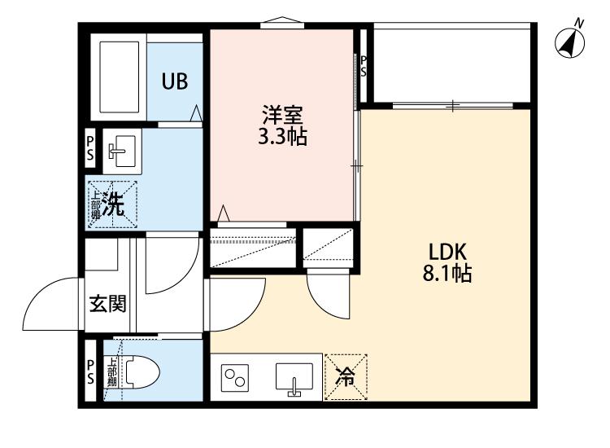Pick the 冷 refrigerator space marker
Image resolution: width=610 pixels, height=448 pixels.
pyautogui.click(x=345, y=378)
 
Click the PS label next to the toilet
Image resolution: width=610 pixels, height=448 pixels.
pyautogui.click(x=90, y=372)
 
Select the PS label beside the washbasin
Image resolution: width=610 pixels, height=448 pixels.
pyautogui.click(x=90, y=148)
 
